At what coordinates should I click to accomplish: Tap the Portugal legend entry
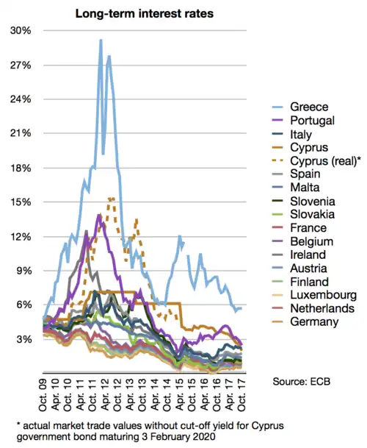(309, 121)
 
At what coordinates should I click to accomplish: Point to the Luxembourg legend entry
(317, 294)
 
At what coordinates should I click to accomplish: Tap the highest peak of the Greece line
(101, 40)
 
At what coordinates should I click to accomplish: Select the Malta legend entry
(304, 188)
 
